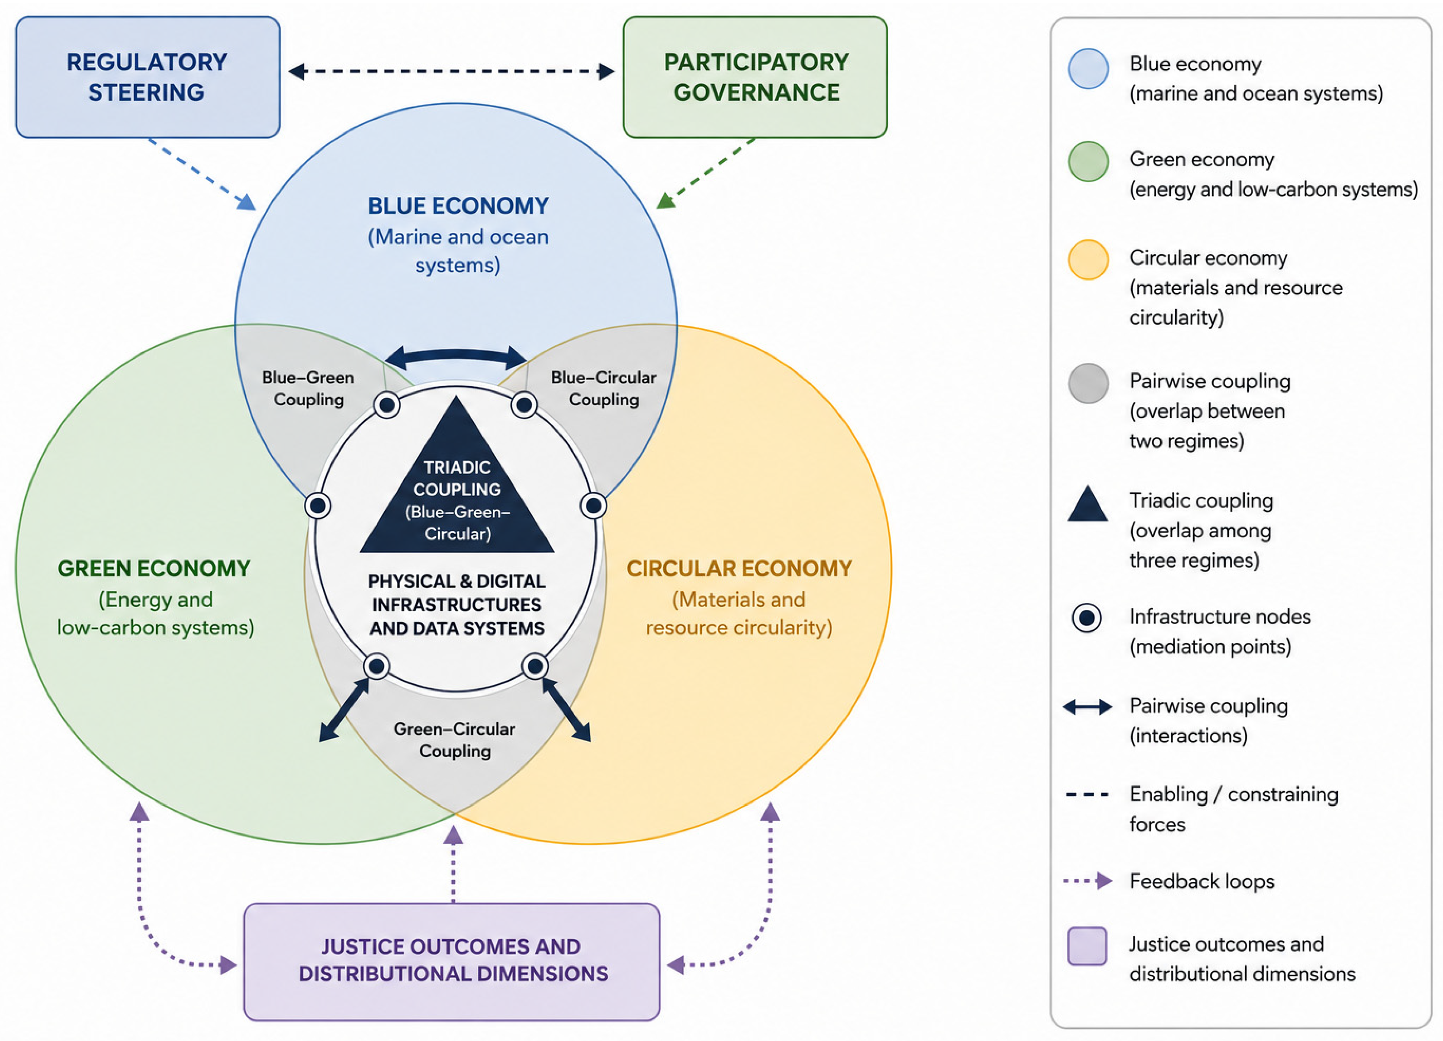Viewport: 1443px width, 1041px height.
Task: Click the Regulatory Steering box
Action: tap(148, 77)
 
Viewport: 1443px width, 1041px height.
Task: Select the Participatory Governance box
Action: tap(755, 77)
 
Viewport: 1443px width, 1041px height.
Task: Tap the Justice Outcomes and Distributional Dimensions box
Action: tap(452, 961)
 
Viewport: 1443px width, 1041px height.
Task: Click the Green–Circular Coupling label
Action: tap(454, 739)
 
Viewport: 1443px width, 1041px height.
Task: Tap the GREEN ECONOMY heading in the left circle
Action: tap(154, 568)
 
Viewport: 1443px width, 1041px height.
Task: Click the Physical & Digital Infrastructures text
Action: tap(457, 605)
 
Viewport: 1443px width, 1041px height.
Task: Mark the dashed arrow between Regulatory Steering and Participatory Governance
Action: tap(452, 71)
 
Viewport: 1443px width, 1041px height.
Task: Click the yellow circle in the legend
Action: tap(1088, 260)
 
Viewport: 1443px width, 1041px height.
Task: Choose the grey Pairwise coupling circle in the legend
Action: tap(1088, 383)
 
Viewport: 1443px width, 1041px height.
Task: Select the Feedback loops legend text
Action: tap(1202, 881)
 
